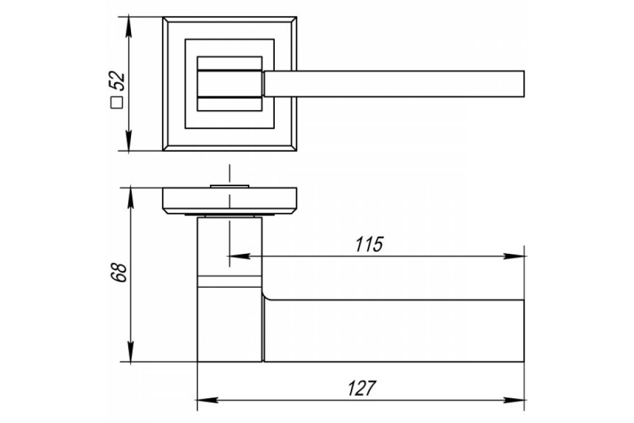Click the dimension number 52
(x=117, y=81)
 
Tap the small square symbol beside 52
(x=117, y=103)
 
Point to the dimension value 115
(x=369, y=244)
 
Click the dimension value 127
(x=362, y=388)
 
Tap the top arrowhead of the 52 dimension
(x=129, y=27)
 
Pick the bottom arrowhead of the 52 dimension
(x=129, y=141)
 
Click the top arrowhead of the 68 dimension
(x=130, y=198)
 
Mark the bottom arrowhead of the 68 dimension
(x=130, y=352)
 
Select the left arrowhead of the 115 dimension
(x=239, y=256)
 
